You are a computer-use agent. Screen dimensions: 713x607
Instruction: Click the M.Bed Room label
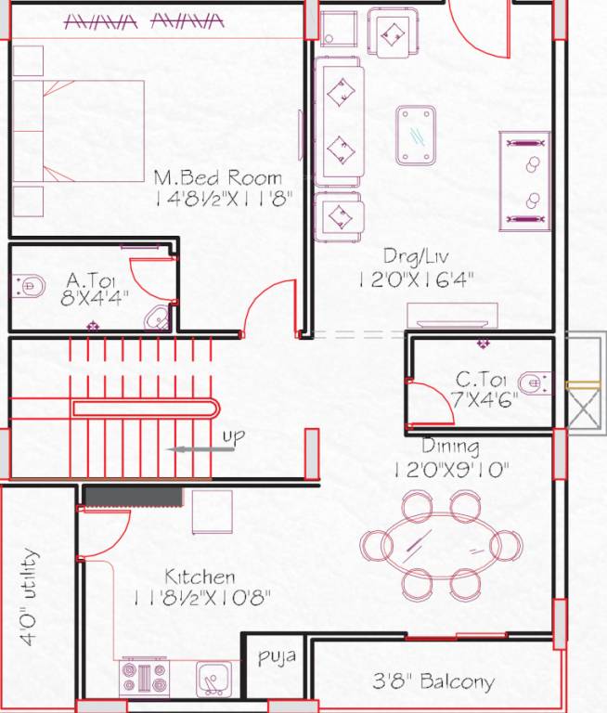point(217,176)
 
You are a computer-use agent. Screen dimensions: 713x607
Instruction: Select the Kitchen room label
point(200,577)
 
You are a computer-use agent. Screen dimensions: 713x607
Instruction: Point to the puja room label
point(277,657)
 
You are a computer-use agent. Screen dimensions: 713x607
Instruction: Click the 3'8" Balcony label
point(433,681)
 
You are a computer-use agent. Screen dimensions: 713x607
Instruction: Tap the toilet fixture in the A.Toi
point(28,285)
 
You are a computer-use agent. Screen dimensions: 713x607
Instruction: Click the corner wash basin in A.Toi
point(159,317)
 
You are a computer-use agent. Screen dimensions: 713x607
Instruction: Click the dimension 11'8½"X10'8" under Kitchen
point(204,596)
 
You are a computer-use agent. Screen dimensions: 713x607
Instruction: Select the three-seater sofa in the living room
point(339,121)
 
